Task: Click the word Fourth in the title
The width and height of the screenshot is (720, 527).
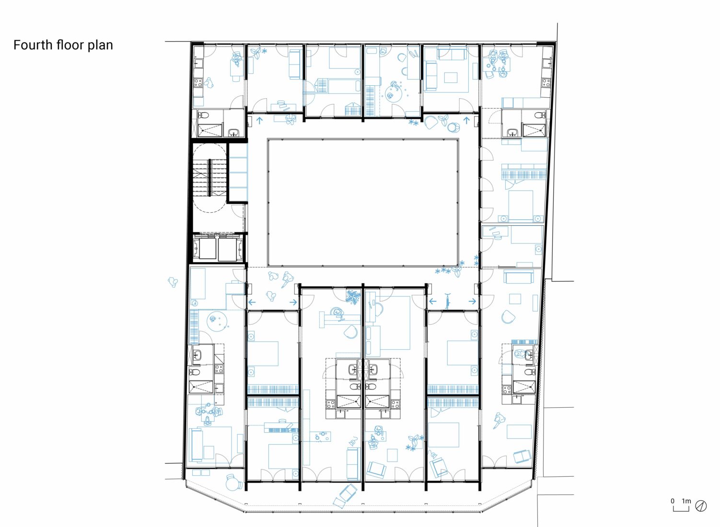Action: pyautogui.click(x=33, y=45)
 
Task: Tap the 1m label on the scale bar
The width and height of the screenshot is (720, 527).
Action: pyautogui.click(x=686, y=501)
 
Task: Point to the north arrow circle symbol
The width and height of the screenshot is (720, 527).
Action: pyautogui.click(x=701, y=506)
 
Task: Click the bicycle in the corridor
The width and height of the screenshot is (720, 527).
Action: pyautogui.click(x=447, y=301)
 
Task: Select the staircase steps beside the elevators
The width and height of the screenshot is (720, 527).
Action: pyautogui.click(x=209, y=177)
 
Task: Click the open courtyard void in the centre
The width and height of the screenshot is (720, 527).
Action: pyautogui.click(x=363, y=203)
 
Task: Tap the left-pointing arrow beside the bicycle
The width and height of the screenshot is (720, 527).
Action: pyautogui.click(x=433, y=301)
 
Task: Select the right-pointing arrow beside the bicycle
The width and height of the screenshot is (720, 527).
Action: pyautogui.click(x=472, y=301)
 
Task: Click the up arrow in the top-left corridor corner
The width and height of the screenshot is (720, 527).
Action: pyautogui.click(x=259, y=121)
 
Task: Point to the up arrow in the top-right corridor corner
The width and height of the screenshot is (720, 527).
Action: pyautogui.click(x=466, y=121)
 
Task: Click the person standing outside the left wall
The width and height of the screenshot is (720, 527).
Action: pyautogui.click(x=173, y=282)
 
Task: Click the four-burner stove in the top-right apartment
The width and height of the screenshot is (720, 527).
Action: pyautogui.click(x=546, y=82)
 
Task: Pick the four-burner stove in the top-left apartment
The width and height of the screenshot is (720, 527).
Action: pyautogui.click(x=197, y=83)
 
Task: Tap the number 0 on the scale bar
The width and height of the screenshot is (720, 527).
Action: pyautogui.click(x=673, y=501)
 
